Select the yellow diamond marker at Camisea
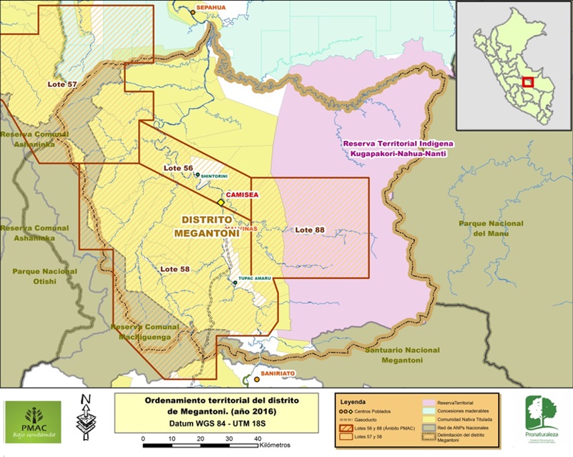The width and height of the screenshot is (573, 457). tap(221, 203)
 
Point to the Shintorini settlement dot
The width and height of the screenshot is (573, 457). tap(197, 174)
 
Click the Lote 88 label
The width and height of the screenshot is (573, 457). tap(310, 230)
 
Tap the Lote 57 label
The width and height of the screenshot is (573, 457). tap(62, 84)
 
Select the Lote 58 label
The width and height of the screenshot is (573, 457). tap(175, 269)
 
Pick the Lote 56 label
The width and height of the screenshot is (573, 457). tap(178, 167)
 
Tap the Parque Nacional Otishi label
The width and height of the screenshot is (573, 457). tap(44, 276)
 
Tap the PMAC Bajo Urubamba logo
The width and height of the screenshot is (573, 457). tap(32, 422)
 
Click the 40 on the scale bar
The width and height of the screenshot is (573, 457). tap(257, 438)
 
